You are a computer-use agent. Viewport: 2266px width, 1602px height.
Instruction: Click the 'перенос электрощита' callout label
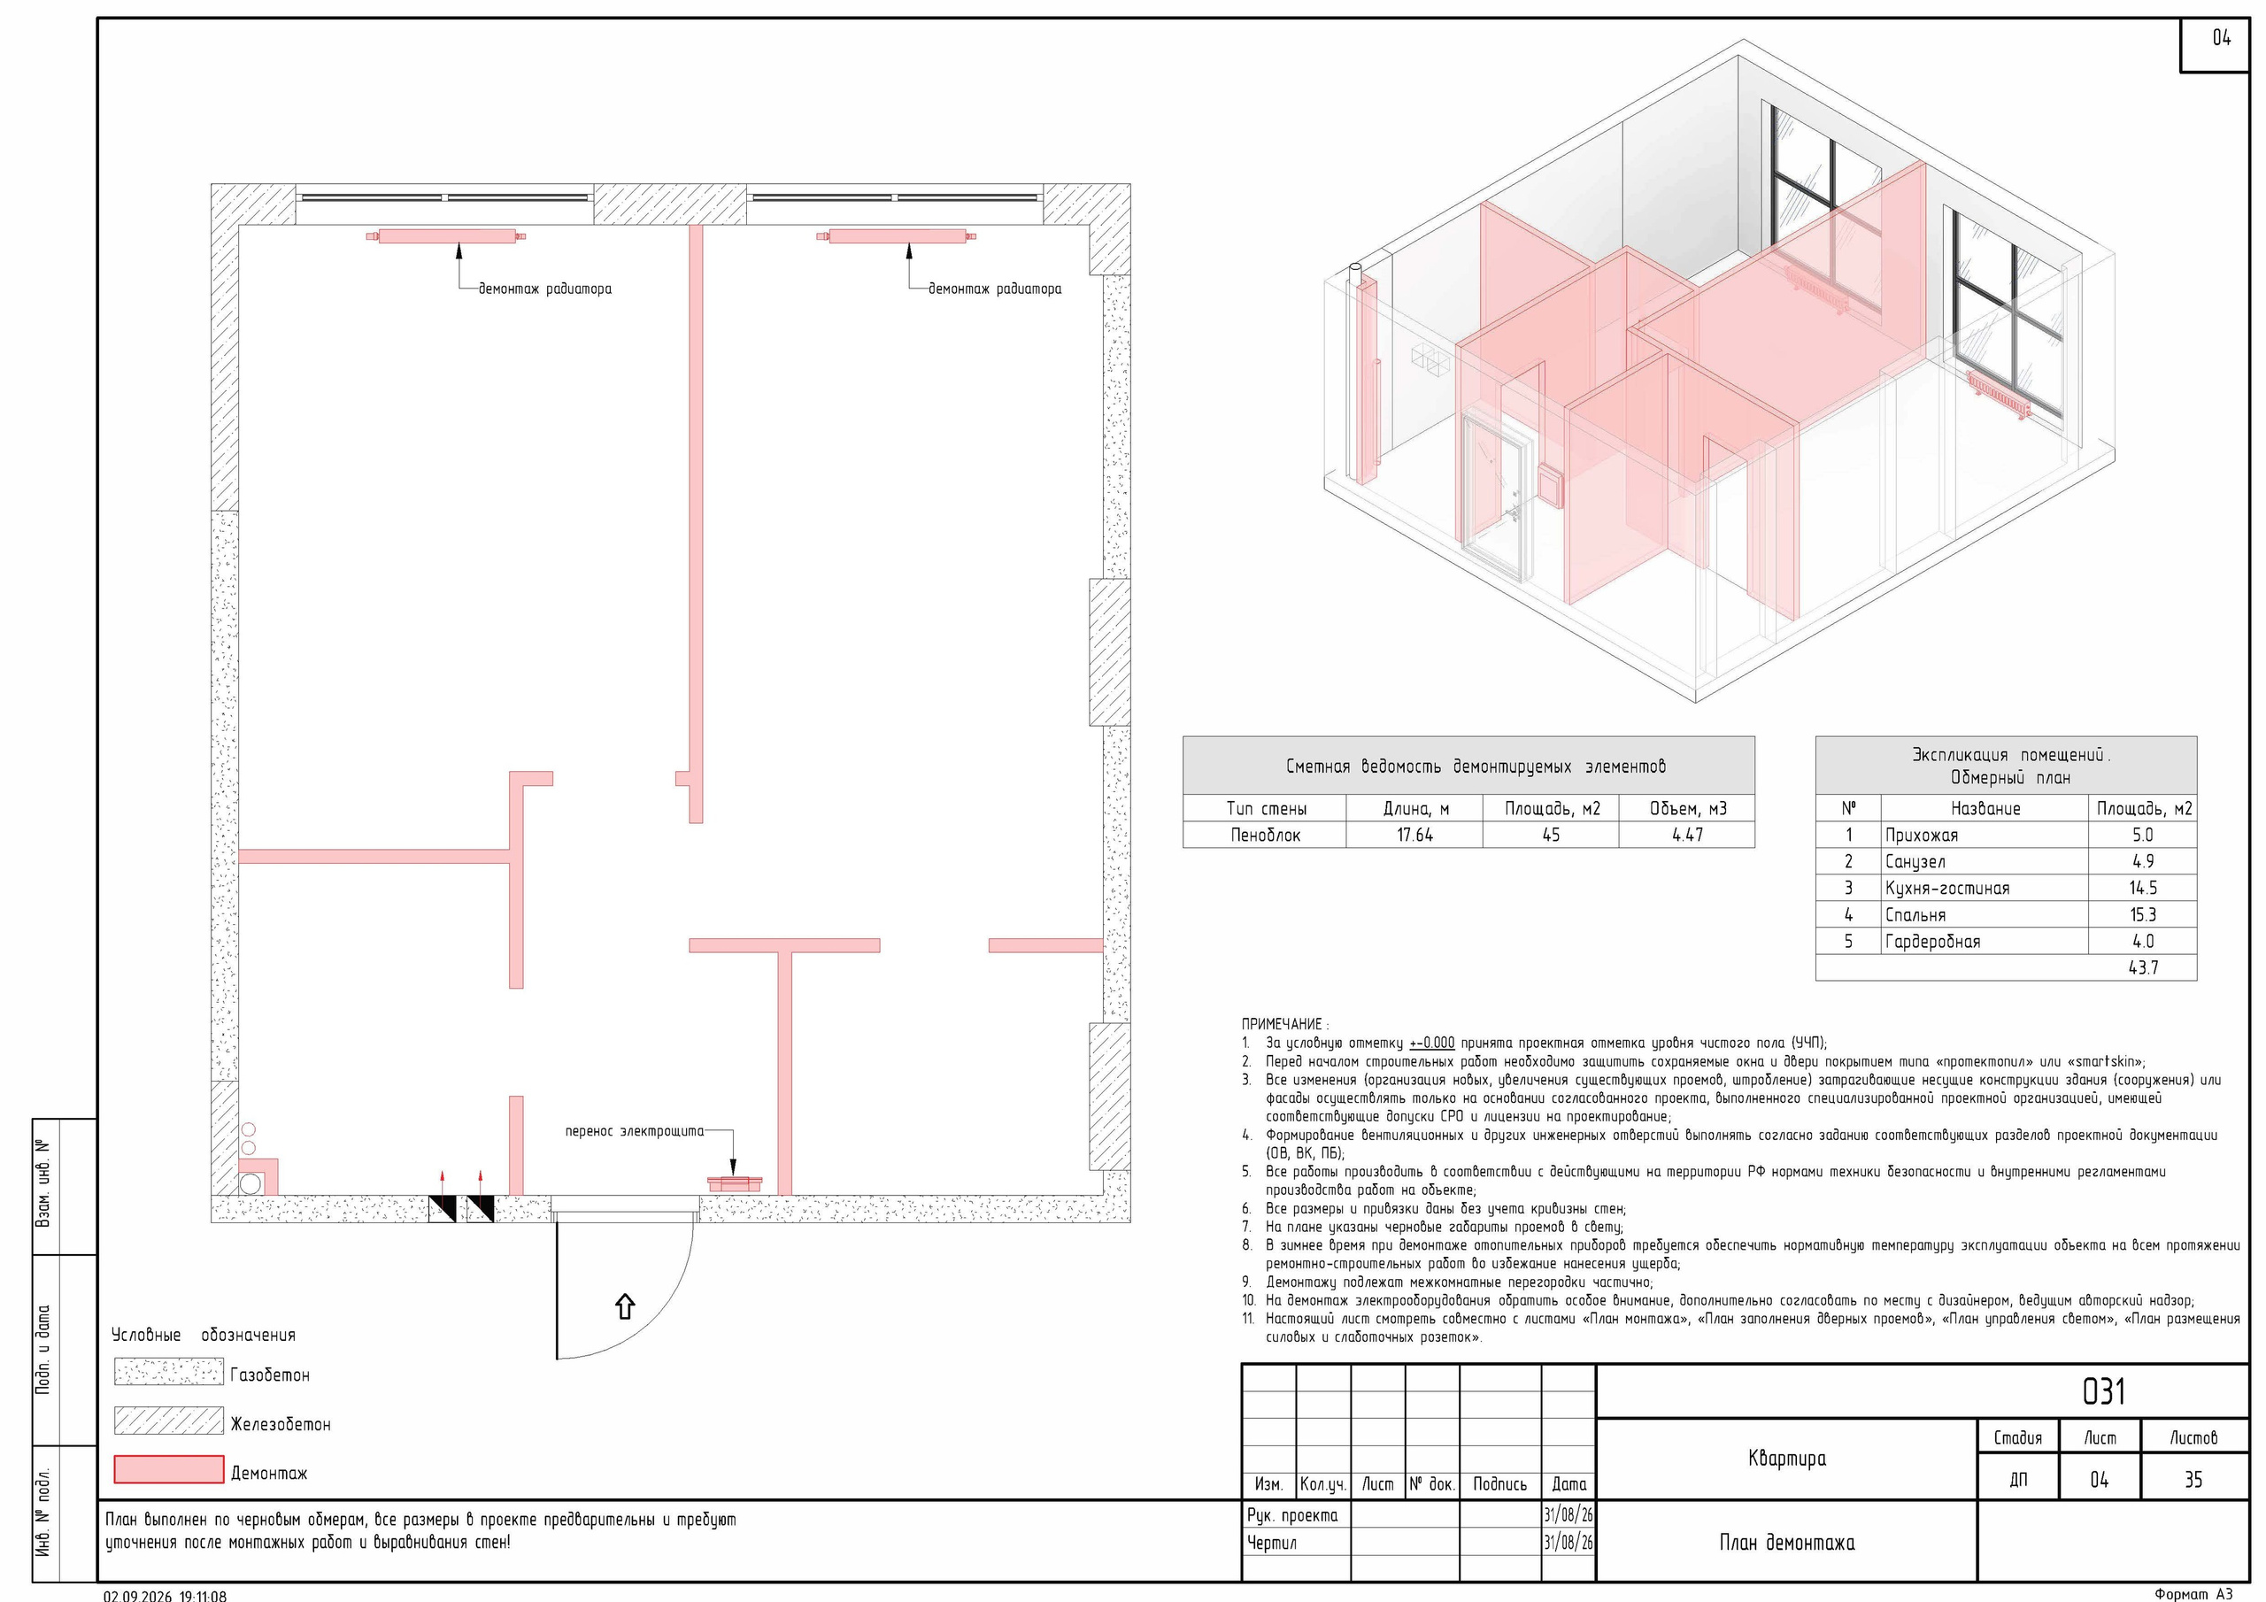(635, 1131)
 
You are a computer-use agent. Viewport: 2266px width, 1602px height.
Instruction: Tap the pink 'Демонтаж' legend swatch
(169, 1470)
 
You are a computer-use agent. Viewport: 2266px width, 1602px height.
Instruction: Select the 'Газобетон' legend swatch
(169, 1372)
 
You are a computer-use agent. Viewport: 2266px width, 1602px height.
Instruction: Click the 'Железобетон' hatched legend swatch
(169, 1421)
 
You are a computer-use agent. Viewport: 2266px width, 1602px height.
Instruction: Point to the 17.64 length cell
(1414, 835)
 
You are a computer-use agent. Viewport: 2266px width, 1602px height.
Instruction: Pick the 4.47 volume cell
(1687, 835)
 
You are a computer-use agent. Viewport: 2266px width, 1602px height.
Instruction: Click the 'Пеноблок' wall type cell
(1265, 835)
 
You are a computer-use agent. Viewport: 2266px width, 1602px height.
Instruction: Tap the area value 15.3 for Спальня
(2143, 915)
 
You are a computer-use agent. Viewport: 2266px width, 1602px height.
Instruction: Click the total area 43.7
(2143, 968)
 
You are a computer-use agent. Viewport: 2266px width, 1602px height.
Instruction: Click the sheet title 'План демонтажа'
(1786, 1543)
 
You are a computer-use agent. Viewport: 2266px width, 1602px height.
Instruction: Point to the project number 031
(2103, 1391)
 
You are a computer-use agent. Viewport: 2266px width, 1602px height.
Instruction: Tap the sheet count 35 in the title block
(2193, 1480)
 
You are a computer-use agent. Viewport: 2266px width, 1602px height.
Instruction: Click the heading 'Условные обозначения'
(204, 1335)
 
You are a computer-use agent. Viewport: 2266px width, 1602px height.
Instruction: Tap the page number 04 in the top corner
(2221, 37)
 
